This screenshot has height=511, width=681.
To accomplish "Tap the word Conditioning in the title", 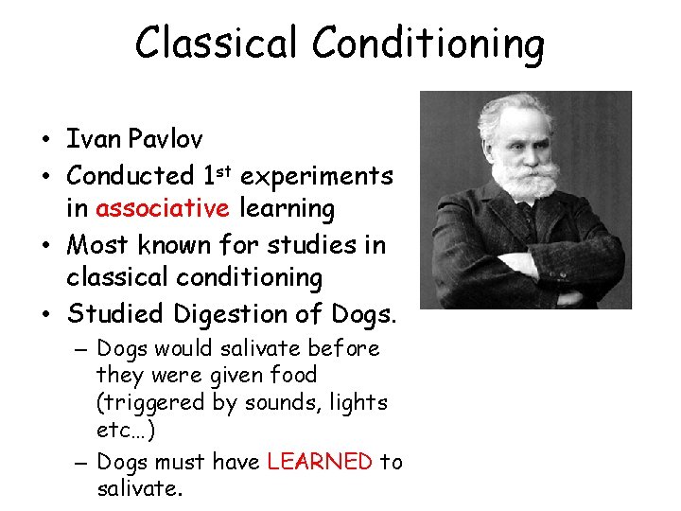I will tap(428, 44).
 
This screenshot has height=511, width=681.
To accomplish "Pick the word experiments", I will tap(317, 177).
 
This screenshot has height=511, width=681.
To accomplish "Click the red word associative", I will tap(163, 208).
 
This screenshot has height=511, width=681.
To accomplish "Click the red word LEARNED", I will tap(320, 462).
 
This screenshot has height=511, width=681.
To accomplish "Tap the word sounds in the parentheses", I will tap(280, 403).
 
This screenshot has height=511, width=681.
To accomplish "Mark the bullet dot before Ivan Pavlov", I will tap(45, 141).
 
